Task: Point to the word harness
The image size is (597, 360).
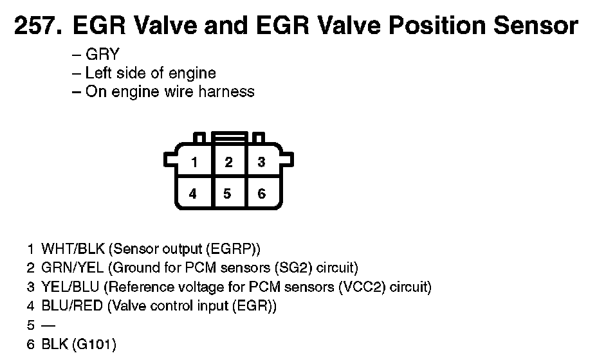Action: (226, 91)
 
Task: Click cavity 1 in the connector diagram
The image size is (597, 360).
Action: (194, 163)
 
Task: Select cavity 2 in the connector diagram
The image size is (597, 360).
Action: (228, 163)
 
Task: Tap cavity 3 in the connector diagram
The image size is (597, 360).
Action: (261, 163)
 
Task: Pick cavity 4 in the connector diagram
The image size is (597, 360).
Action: (194, 194)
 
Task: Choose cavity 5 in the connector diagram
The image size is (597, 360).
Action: (228, 194)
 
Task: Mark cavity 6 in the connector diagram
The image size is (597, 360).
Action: (261, 194)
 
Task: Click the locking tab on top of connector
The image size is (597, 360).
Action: (228, 138)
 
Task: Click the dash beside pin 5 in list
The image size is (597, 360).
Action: (48, 325)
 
